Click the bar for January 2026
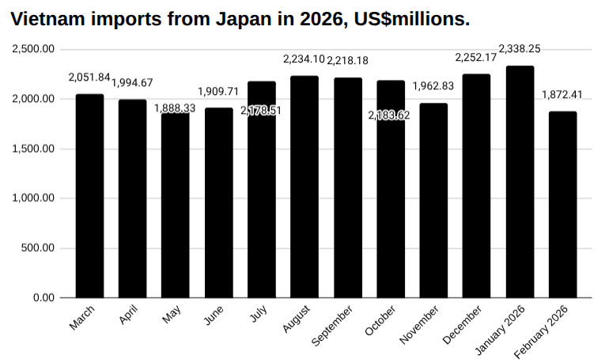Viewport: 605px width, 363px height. click(x=520, y=182)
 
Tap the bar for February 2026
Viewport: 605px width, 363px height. click(x=562, y=205)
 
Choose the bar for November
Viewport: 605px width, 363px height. click(x=433, y=201)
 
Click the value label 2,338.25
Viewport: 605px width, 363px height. click(x=520, y=49)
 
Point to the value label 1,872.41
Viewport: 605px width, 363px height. click(x=562, y=95)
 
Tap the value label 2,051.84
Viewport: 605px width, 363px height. click(x=89, y=78)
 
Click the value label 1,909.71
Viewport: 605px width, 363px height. click(x=218, y=91)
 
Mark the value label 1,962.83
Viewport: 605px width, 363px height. click(x=433, y=86)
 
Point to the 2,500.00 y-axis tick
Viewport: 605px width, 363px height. click(x=33, y=49)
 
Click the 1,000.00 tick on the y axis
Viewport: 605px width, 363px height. click(x=33, y=199)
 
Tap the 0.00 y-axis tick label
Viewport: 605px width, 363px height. click(x=43, y=298)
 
